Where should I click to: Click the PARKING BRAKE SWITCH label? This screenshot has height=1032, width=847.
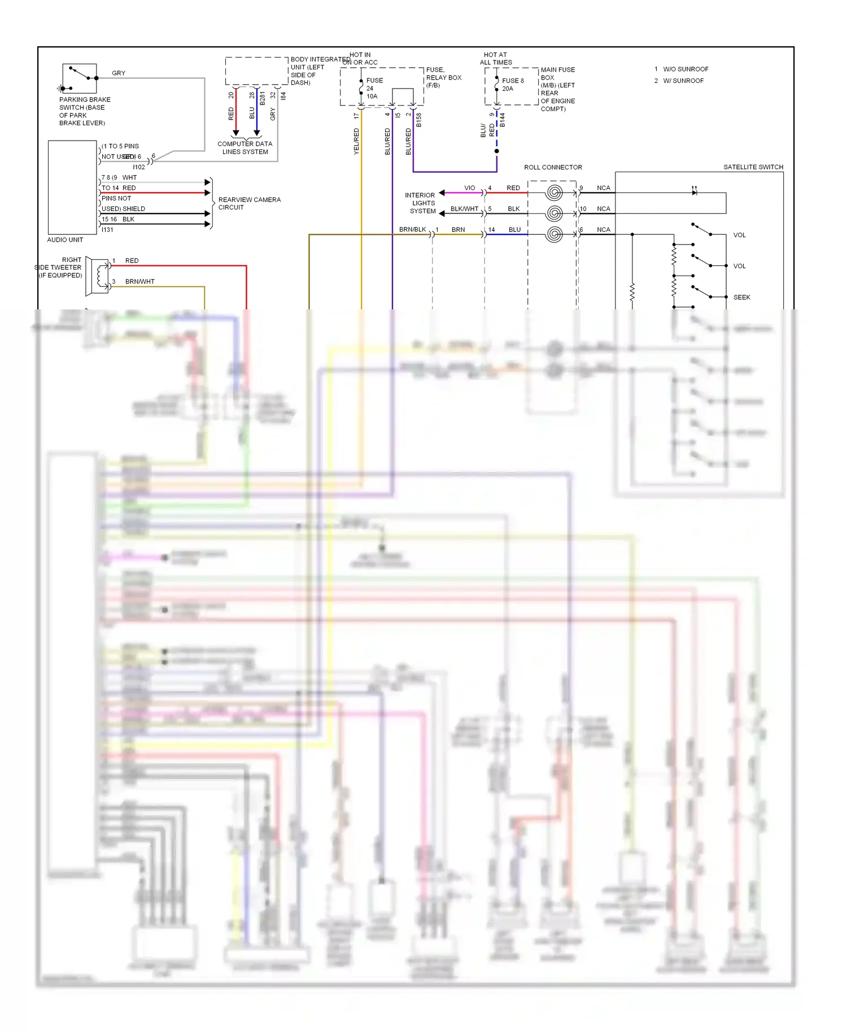pos(84,111)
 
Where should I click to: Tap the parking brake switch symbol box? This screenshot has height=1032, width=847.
pos(80,78)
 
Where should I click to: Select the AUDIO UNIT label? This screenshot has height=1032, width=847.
pos(65,240)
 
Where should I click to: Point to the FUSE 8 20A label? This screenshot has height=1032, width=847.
pos(512,85)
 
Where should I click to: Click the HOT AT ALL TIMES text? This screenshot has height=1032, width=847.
pos(496,59)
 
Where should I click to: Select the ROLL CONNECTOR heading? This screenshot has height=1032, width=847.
pos(553,167)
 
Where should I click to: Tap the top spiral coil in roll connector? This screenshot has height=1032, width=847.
pos(555,193)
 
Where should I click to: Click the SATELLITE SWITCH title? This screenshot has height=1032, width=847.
pos(753,167)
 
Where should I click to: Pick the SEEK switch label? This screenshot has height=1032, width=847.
pos(741,298)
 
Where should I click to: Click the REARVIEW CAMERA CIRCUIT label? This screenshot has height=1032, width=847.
pos(249,203)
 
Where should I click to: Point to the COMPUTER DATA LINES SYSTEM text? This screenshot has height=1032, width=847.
pos(245,148)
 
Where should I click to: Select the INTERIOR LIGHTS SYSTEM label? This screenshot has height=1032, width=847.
pos(421,203)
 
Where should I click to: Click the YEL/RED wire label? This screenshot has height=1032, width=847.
pos(356,141)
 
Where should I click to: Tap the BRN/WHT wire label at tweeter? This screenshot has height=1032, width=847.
pos(139,282)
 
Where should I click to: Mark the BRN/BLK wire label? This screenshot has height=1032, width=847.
pos(412,229)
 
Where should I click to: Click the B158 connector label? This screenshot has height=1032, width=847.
pos(418,120)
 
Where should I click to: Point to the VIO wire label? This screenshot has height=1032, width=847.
pos(469,188)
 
